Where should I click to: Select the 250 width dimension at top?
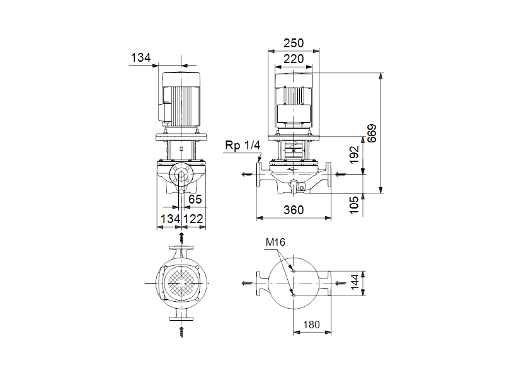click(x=293, y=43)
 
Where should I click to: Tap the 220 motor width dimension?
click(x=293, y=59)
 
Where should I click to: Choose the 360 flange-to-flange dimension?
click(x=293, y=210)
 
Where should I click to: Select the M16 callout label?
click(x=275, y=242)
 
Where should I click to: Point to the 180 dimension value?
click(x=311, y=325)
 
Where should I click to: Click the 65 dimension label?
click(x=195, y=199)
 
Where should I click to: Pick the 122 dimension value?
click(x=193, y=218)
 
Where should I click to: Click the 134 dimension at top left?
click(x=140, y=58)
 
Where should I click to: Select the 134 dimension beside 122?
click(x=169, y=218)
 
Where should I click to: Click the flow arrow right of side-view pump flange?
click(x=341, y=174)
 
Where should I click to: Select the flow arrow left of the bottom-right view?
click(x=245, y=284)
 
